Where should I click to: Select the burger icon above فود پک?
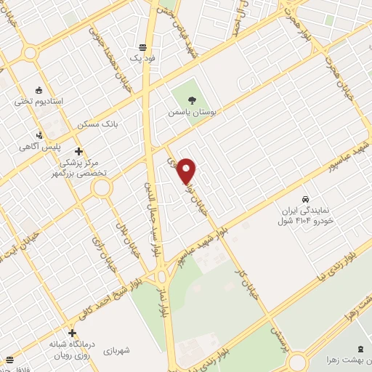pyautogui.click(x=142, y=44)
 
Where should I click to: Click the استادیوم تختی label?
pyautogui.click(x=39, y=101)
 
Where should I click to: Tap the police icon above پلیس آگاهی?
pyautogui.click(x=39, y=135)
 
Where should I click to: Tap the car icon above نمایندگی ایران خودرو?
pyautogui.click(x=307, y=198)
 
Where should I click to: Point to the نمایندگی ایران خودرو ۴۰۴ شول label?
pyautogui.click(x=307, y=214)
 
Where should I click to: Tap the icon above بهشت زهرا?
pyautogui.click(x=362, y=349)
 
